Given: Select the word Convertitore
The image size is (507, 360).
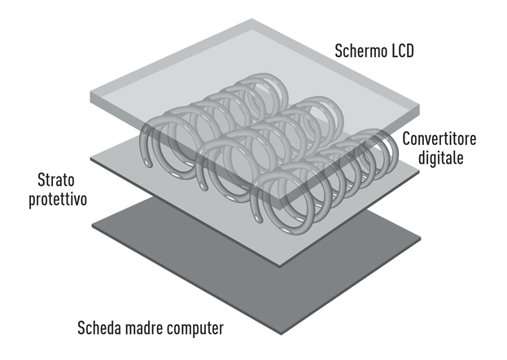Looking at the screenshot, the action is coord(439,139).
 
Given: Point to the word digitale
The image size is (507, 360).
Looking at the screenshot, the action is coord(441,158).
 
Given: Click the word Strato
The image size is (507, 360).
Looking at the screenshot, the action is coord(56,180).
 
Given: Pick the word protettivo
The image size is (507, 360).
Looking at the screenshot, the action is coord(58,199).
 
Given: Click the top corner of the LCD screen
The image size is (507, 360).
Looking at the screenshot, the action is coord(252,19).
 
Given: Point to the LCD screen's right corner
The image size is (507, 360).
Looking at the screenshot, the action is coord(419,106).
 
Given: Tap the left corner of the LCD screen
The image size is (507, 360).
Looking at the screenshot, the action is coord(91,93).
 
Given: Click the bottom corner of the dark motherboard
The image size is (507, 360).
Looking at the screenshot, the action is coord(281,334).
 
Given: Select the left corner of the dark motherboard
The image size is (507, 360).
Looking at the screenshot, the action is coord(93,225).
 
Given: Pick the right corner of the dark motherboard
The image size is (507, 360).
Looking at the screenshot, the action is coord(421,238).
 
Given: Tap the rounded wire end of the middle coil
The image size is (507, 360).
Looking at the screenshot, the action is coord(203,187).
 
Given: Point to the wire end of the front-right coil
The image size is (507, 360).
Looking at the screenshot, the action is coord(258,219).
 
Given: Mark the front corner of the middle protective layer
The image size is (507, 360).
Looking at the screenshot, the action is coord(280,266).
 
